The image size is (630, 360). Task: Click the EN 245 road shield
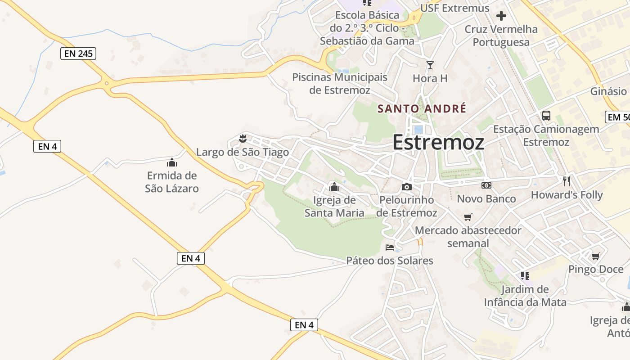point(78,54)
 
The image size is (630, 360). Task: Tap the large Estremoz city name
point(438,142)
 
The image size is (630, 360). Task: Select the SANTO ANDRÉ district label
point(422,108)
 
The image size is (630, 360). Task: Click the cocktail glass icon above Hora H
point(430,65)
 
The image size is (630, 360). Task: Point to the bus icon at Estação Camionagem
point(546,116)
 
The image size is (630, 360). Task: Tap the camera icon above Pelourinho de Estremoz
point(407,187)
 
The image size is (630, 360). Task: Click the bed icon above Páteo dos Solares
point(390,247)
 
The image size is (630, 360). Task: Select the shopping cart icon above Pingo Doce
point(596,256)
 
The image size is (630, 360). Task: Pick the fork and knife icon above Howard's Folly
point(567,181)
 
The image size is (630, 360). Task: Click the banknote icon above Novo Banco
point(486,185)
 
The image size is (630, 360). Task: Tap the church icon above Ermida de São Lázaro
point(172,162)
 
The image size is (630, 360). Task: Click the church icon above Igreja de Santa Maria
point(334,187)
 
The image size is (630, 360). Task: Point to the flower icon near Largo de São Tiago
point(243,138)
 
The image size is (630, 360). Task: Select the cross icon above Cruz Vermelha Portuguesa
point(501,16)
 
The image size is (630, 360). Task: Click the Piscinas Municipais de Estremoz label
point(340,84)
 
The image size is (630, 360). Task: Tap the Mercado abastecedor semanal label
point(468,237)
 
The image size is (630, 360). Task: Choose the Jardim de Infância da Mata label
point(525,296)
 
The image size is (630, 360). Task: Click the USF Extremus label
point(454,8)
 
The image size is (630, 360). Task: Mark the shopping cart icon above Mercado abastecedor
point(468,217)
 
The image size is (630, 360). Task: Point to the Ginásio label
point(608,91)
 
